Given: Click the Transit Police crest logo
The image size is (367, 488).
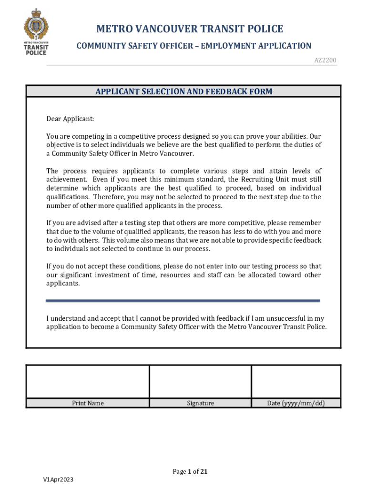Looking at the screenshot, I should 36,31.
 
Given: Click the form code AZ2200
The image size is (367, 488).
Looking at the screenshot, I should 325,60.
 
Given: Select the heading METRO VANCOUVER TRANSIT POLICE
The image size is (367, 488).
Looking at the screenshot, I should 190,30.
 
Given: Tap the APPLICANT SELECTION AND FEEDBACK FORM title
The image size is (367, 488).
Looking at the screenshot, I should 183,91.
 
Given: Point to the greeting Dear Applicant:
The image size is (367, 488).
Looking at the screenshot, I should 70,119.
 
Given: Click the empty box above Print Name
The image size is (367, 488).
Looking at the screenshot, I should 88,381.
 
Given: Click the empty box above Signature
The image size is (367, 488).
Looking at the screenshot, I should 200,381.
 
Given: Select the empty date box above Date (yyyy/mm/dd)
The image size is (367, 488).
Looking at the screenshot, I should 296,381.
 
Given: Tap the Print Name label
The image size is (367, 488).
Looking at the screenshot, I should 88,403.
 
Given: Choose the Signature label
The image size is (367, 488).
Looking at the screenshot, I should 200,403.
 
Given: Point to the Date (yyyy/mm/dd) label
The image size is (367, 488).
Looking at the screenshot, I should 296,403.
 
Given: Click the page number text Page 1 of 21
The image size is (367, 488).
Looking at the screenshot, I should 190,472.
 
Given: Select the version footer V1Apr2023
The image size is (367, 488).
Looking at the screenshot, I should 58,479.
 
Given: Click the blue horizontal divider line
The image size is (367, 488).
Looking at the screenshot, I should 183,301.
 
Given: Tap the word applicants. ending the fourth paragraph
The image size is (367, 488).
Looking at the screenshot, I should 63,284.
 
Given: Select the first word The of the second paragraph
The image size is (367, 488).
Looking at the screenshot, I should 52,171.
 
